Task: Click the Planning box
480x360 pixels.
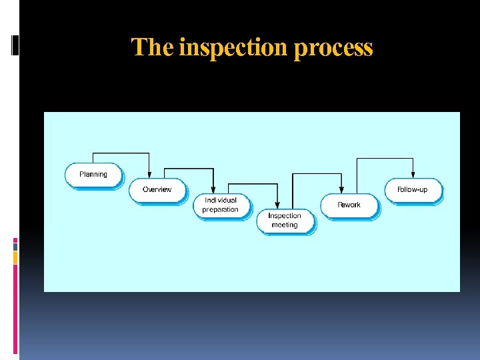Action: [x=93, y=175]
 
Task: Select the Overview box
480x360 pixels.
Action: [x=157, y=190]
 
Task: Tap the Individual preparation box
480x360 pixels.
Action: [x=221, y=205]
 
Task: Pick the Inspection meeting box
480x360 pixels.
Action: [x=285, y=221]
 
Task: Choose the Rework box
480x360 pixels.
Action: [x=349, y=205]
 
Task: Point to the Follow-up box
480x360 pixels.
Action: [x=412, y=190]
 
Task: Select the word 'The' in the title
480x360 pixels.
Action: [x=153, y=47]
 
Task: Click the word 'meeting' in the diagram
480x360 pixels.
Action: [x=285, y=225]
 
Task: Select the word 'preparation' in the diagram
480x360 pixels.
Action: [x=221, y=209]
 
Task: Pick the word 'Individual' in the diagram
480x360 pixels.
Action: [x=221, y=200]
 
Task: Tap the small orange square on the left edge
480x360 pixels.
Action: [x=15, y=257]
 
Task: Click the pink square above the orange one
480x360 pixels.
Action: [x=15, y=243]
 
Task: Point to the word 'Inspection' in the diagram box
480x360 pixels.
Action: [x=285, y=216]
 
